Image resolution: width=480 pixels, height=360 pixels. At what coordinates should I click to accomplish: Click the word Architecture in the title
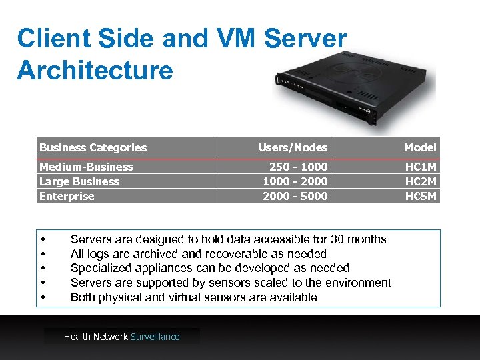[x=95, y=69]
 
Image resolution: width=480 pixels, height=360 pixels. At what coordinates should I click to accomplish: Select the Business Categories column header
[x=93, y=147]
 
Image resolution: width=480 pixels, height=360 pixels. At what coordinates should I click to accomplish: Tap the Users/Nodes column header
[x=293, y=147]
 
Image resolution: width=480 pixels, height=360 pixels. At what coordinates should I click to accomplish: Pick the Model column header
[x=420, y=147]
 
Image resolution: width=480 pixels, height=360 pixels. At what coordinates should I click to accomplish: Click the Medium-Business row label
[x=87, y=167]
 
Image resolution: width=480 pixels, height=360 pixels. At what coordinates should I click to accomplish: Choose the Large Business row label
[x=79, y=181]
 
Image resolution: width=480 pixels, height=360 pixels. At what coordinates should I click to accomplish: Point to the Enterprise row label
[x=67, y=196]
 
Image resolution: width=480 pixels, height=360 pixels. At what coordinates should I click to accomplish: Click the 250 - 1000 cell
[x=298, y=167]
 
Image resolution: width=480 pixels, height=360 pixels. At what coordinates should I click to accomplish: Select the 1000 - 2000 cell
[x=295, y=181]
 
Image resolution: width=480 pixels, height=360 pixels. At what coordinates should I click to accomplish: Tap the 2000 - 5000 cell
[x=295, y=196]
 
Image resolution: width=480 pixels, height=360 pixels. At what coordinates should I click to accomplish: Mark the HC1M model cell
[x=421, y=167]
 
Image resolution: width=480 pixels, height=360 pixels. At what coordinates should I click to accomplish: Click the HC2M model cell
[x=421, y=181]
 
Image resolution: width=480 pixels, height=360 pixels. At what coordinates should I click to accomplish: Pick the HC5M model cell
[x=421, y=196]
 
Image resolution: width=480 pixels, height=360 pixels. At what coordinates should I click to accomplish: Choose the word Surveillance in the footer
[x=155, y=337]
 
